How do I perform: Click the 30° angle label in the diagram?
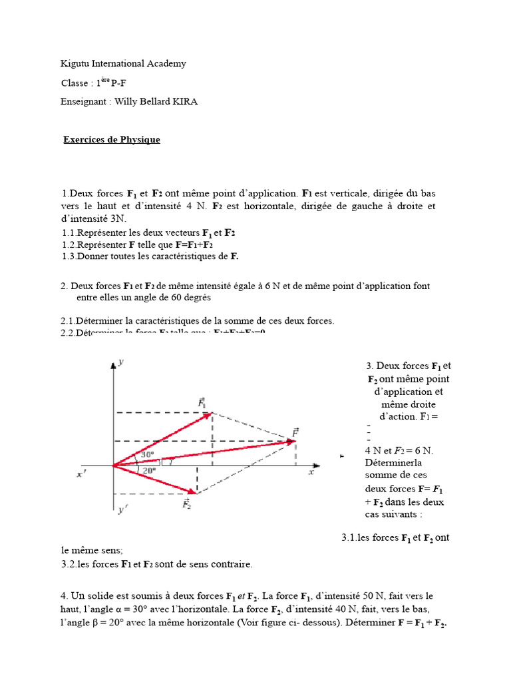147,456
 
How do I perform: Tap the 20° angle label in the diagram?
150,470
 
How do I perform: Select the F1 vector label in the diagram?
202,403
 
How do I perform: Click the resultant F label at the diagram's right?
295,432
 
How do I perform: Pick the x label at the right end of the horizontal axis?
311,472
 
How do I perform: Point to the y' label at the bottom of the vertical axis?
122,511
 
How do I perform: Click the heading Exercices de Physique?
111,140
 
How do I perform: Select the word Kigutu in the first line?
75,64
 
